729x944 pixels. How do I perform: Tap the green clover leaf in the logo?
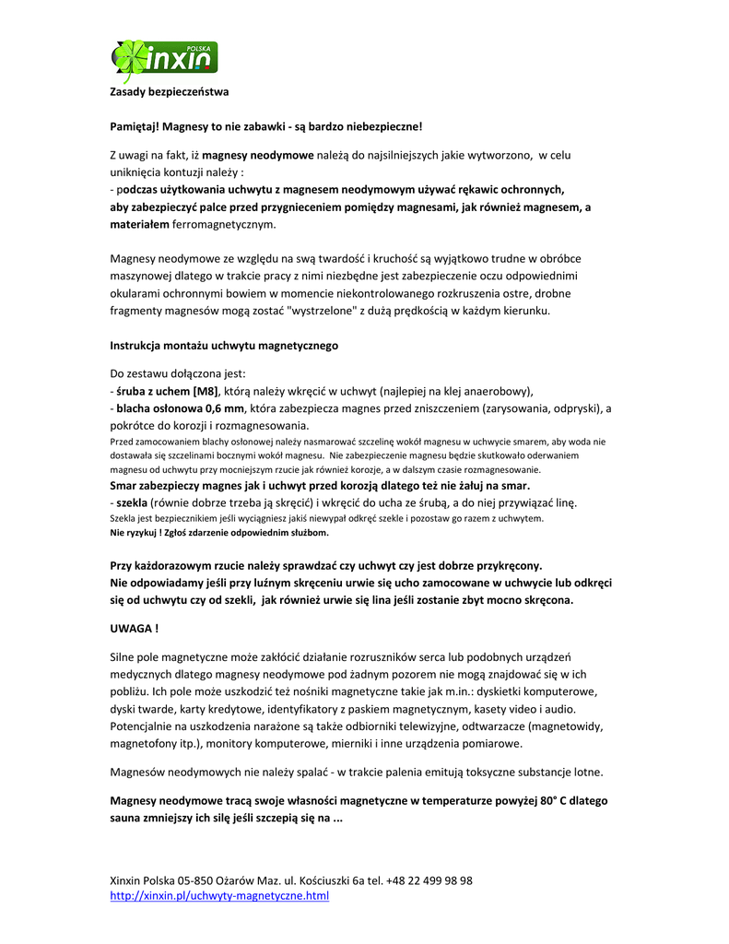click(x=128, y=58)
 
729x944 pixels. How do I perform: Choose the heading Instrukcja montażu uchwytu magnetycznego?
click(x=224, y=346)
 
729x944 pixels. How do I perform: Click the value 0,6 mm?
click(x=225, y=407)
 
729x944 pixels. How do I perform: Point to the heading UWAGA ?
click(x=134, y=628)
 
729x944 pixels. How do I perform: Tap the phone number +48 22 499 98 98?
click(x=429, y=880)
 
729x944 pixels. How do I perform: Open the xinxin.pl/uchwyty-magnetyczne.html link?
click(x=219, y=895)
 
